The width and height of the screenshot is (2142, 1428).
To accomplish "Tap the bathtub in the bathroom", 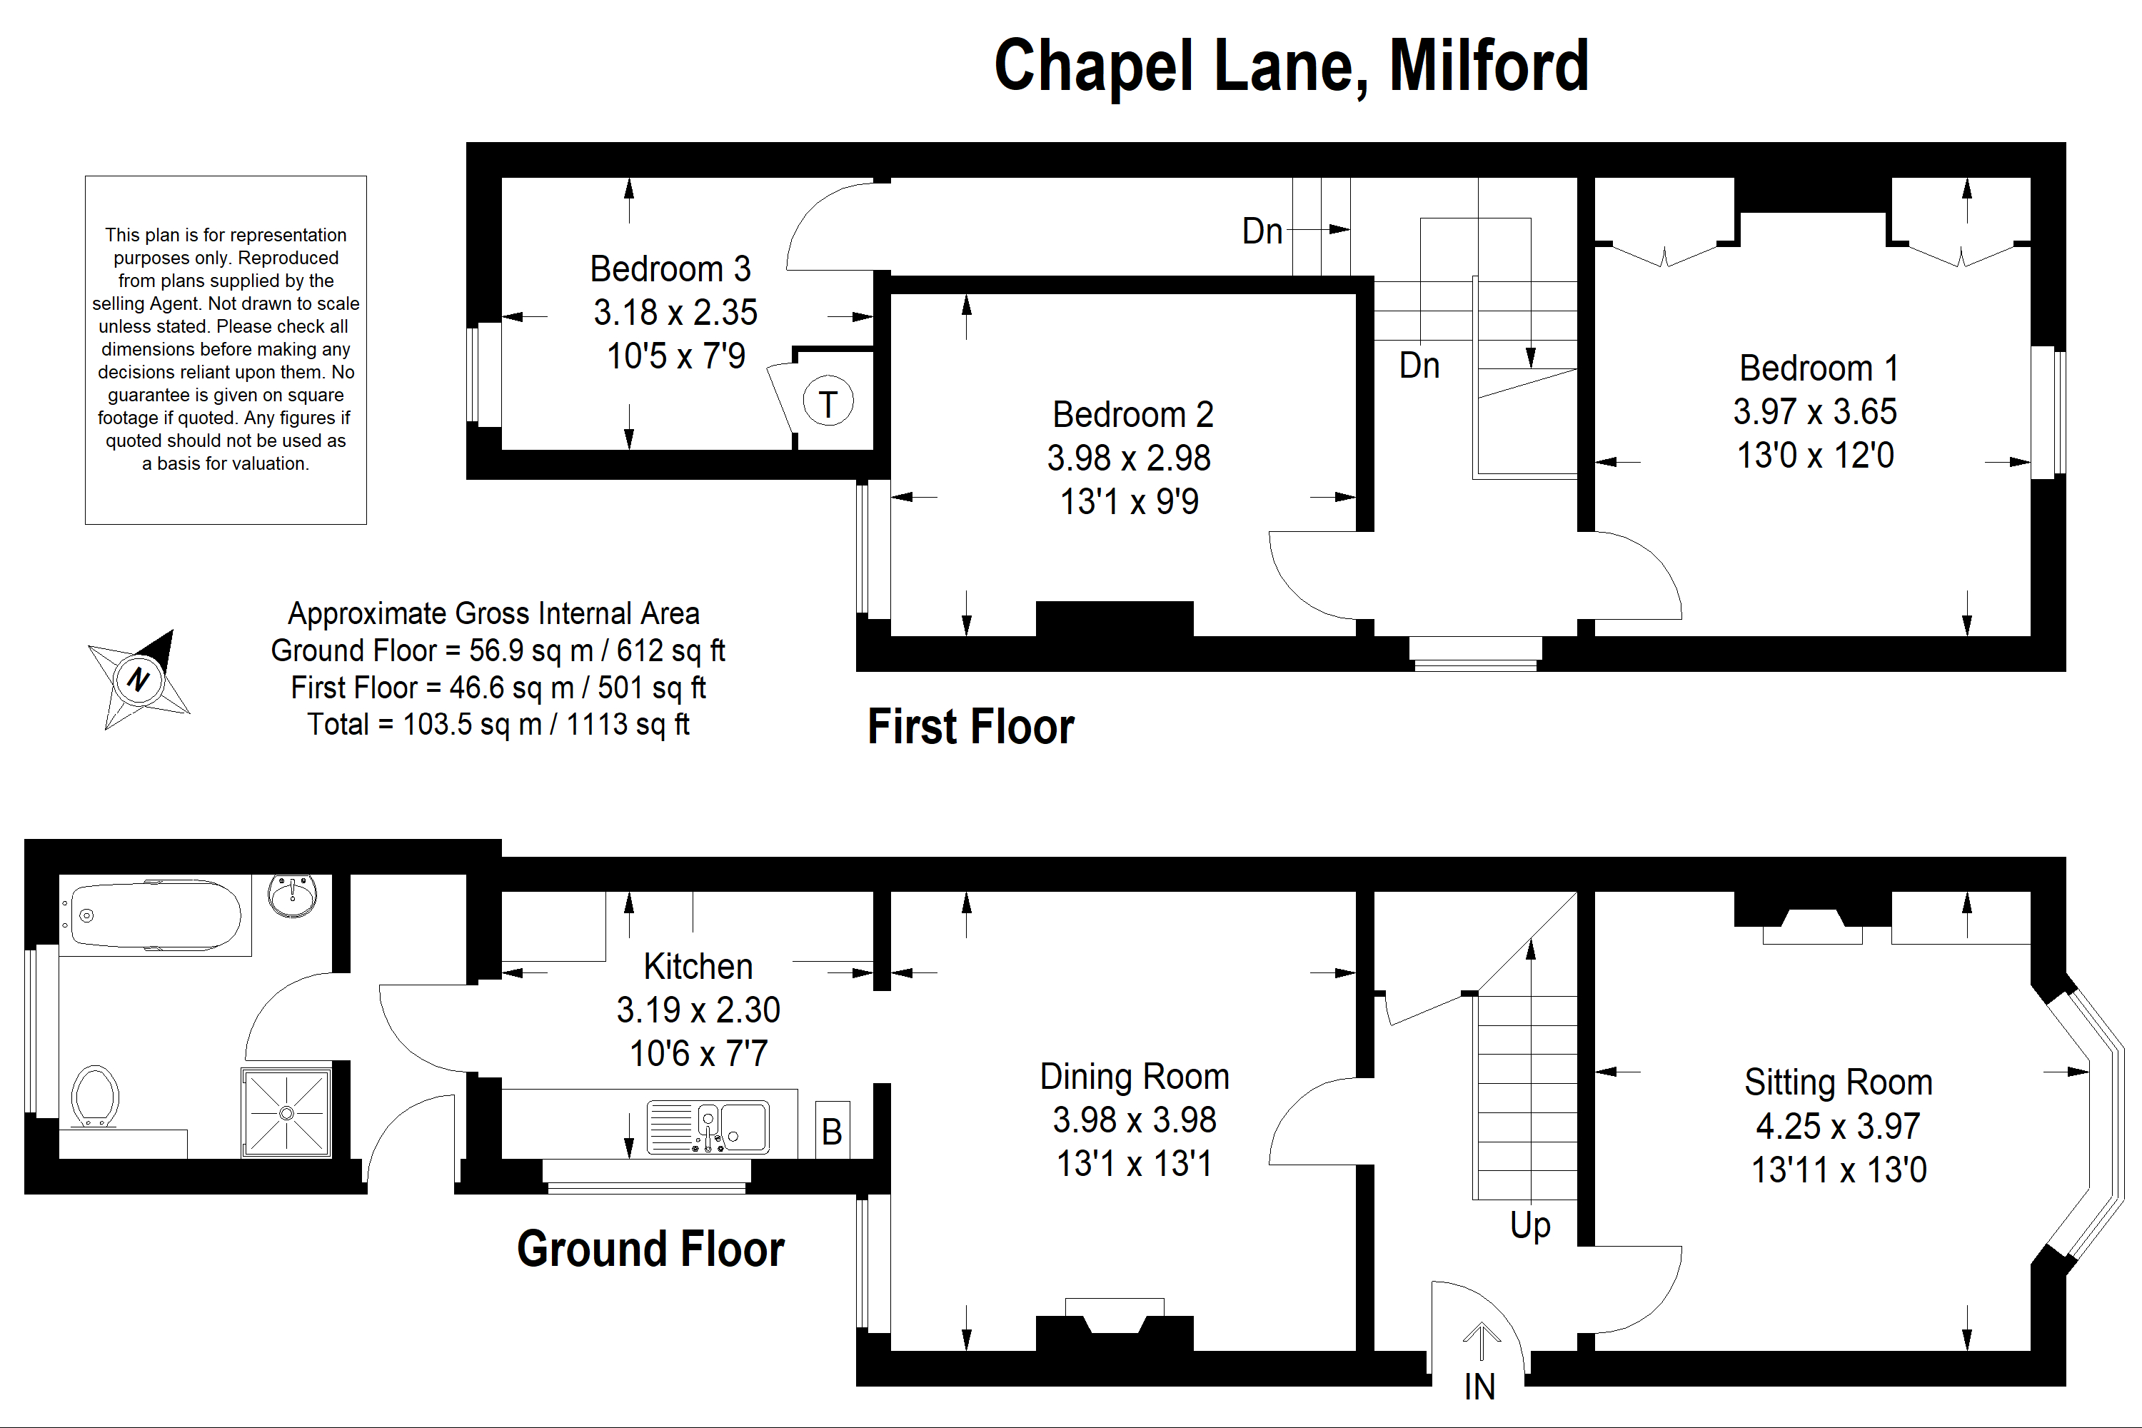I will click(155, 916).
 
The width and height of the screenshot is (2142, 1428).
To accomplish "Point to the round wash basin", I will click(293, 895).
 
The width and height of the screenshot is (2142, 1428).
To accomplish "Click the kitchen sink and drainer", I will click(708, 1127).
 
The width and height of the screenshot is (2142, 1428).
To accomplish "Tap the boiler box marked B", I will click(832, 1132).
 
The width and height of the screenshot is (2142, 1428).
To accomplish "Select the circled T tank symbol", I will click(828, 403).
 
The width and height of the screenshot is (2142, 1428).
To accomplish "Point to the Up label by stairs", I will click(1530, 1226).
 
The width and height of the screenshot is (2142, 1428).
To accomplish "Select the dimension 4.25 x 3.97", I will click(1838, 1127).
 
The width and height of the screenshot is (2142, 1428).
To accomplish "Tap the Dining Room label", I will click(1135, 1077).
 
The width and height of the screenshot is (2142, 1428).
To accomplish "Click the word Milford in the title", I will click(1488, 66).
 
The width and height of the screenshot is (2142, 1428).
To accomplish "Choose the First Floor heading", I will click(971, 727).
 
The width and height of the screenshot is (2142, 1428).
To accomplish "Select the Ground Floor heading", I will click(650, 1249).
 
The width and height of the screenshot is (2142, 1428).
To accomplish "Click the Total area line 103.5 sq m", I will click(498, 725).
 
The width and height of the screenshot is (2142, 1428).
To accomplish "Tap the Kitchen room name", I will click(698, 966).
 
